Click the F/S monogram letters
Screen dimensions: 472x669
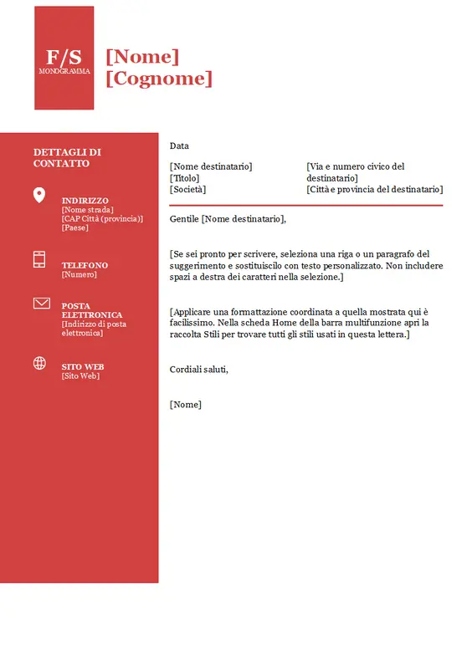(x=64, y=57)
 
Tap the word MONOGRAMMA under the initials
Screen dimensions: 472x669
(x=64, y=71)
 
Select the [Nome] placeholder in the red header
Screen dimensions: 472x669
(x=142, y=56)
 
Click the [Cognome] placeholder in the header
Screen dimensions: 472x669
(x=159, y=78)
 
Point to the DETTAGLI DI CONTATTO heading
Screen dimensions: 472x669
(x=67, y=157)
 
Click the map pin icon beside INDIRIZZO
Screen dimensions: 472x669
(x=39, y=196)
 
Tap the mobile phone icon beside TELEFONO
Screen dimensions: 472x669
(x=39, y=259)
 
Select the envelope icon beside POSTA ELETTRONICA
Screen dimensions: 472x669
(x=41, y=303)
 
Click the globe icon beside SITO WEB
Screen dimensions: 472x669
(x=39, y=363)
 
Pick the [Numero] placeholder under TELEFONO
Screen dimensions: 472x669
(x=79, y=274)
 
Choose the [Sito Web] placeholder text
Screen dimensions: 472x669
(x=80, y=376)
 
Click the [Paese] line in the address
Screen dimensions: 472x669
(x=74, y=227)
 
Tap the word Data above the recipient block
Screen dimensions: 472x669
(x=179, y=146)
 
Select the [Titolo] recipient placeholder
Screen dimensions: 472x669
(x=186, y=178)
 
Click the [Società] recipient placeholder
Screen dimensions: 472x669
(x=187, y=189)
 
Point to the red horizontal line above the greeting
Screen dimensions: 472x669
(x=305, y=205)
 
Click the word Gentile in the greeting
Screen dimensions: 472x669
(x=184, y=219)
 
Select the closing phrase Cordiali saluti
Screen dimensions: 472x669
(x=198, y=369)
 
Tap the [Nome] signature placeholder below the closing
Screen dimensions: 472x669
(x=185, y=405)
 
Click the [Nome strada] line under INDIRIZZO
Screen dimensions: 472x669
(x=87, y=210)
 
